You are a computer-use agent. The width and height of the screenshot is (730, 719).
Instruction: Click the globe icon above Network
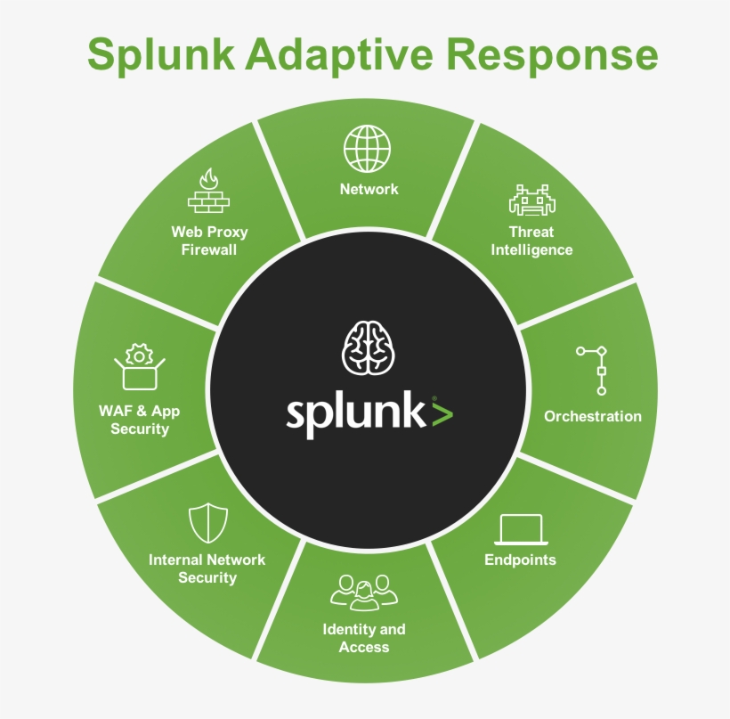pos(368,148)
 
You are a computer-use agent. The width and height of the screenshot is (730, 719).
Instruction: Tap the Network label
pos(369,189)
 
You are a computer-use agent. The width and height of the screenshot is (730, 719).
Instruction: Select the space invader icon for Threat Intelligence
pos(531,200)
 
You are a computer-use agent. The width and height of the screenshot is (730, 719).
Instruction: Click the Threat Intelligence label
pos(531,241)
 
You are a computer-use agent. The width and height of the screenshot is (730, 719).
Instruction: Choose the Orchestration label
pos(592,416)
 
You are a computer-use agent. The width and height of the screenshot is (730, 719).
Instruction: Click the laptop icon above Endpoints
pos(520,528)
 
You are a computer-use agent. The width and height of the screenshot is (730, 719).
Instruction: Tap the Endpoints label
pos(520,560)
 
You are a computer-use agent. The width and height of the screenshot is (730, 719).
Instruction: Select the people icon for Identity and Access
pos(364,592)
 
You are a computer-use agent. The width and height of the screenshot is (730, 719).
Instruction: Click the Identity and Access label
pos(364,638)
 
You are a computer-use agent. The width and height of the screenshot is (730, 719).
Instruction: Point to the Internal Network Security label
pos(207,568)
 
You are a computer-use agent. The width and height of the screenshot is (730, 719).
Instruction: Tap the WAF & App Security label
pos(139,420)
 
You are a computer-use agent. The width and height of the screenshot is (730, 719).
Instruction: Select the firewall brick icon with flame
pos(208,190)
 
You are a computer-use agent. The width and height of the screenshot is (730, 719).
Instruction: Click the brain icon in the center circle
pos(369,347)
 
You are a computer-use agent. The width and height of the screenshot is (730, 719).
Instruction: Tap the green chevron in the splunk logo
pos(442,414)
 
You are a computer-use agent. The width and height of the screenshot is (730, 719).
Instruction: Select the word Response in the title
pos(552,55)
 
